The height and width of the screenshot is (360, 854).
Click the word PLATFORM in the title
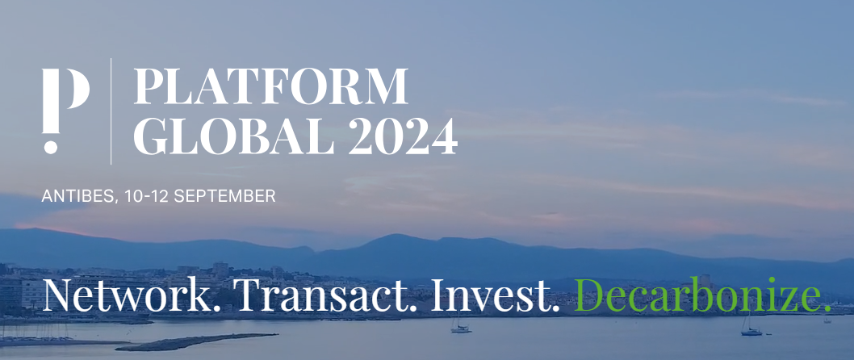270,86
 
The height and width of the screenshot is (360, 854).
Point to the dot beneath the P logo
50,147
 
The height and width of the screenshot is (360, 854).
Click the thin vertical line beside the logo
111,111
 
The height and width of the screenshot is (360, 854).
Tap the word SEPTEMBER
224,195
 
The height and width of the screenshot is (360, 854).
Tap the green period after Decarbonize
827,309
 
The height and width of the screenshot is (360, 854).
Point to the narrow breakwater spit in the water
196,341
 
